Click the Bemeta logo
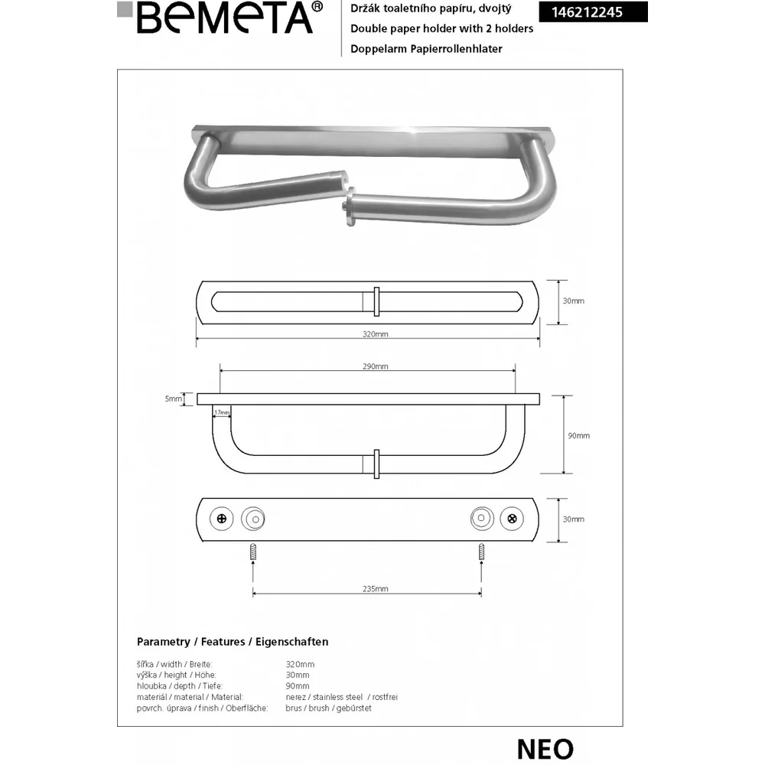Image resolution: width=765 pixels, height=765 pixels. click(220, 18)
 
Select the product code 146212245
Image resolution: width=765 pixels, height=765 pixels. click(587, 12)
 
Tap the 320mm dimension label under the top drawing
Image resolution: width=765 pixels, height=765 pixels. click(375, 334)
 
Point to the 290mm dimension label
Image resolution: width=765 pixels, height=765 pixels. click(375, 366)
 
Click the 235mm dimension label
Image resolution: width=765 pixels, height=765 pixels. click(375, 589)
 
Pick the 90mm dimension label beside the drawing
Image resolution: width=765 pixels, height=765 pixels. click(578, 436)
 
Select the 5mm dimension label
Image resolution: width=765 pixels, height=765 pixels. click(173, 399)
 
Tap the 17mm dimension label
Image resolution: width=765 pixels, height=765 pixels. click(222, 413)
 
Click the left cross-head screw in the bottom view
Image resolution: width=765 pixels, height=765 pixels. click(222, 519)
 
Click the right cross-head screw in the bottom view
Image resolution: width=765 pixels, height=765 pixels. click(512, 519)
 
